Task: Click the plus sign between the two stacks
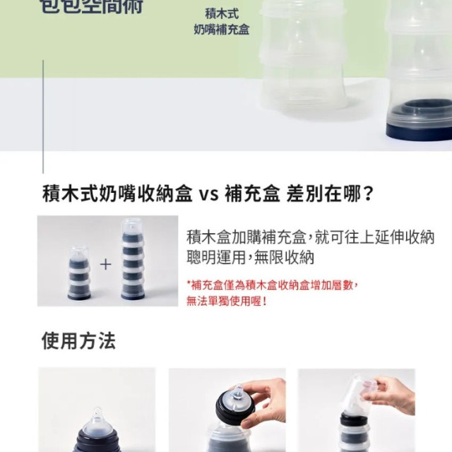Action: (x=105, y=265)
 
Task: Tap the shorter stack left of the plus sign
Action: (x=79, y=271)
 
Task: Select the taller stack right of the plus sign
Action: (x=132, y=259)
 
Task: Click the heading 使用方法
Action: (x=78, y=341)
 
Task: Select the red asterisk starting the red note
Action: (x=189, y=285)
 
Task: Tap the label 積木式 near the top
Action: (x=220, y=13)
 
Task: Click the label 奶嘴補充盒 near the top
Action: (x=220, y=30)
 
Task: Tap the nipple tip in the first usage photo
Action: (x=96, y=412)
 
